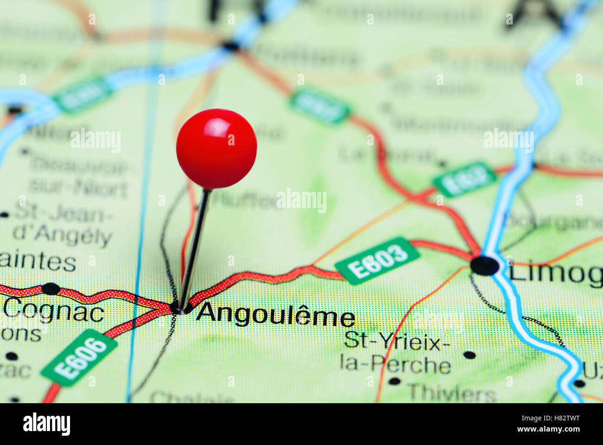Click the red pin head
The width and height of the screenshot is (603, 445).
(x=216, y=149)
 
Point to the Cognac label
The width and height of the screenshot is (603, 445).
(x=54, y=310)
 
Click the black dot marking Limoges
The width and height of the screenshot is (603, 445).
(x=485, y=266)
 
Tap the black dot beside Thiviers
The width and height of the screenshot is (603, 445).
(x=395, y=381)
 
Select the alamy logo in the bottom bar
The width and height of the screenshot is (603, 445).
(x=46, y=424)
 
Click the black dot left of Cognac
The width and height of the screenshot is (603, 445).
(x=51, y=288)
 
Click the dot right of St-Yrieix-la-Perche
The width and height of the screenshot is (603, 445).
(x=469, y=355)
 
